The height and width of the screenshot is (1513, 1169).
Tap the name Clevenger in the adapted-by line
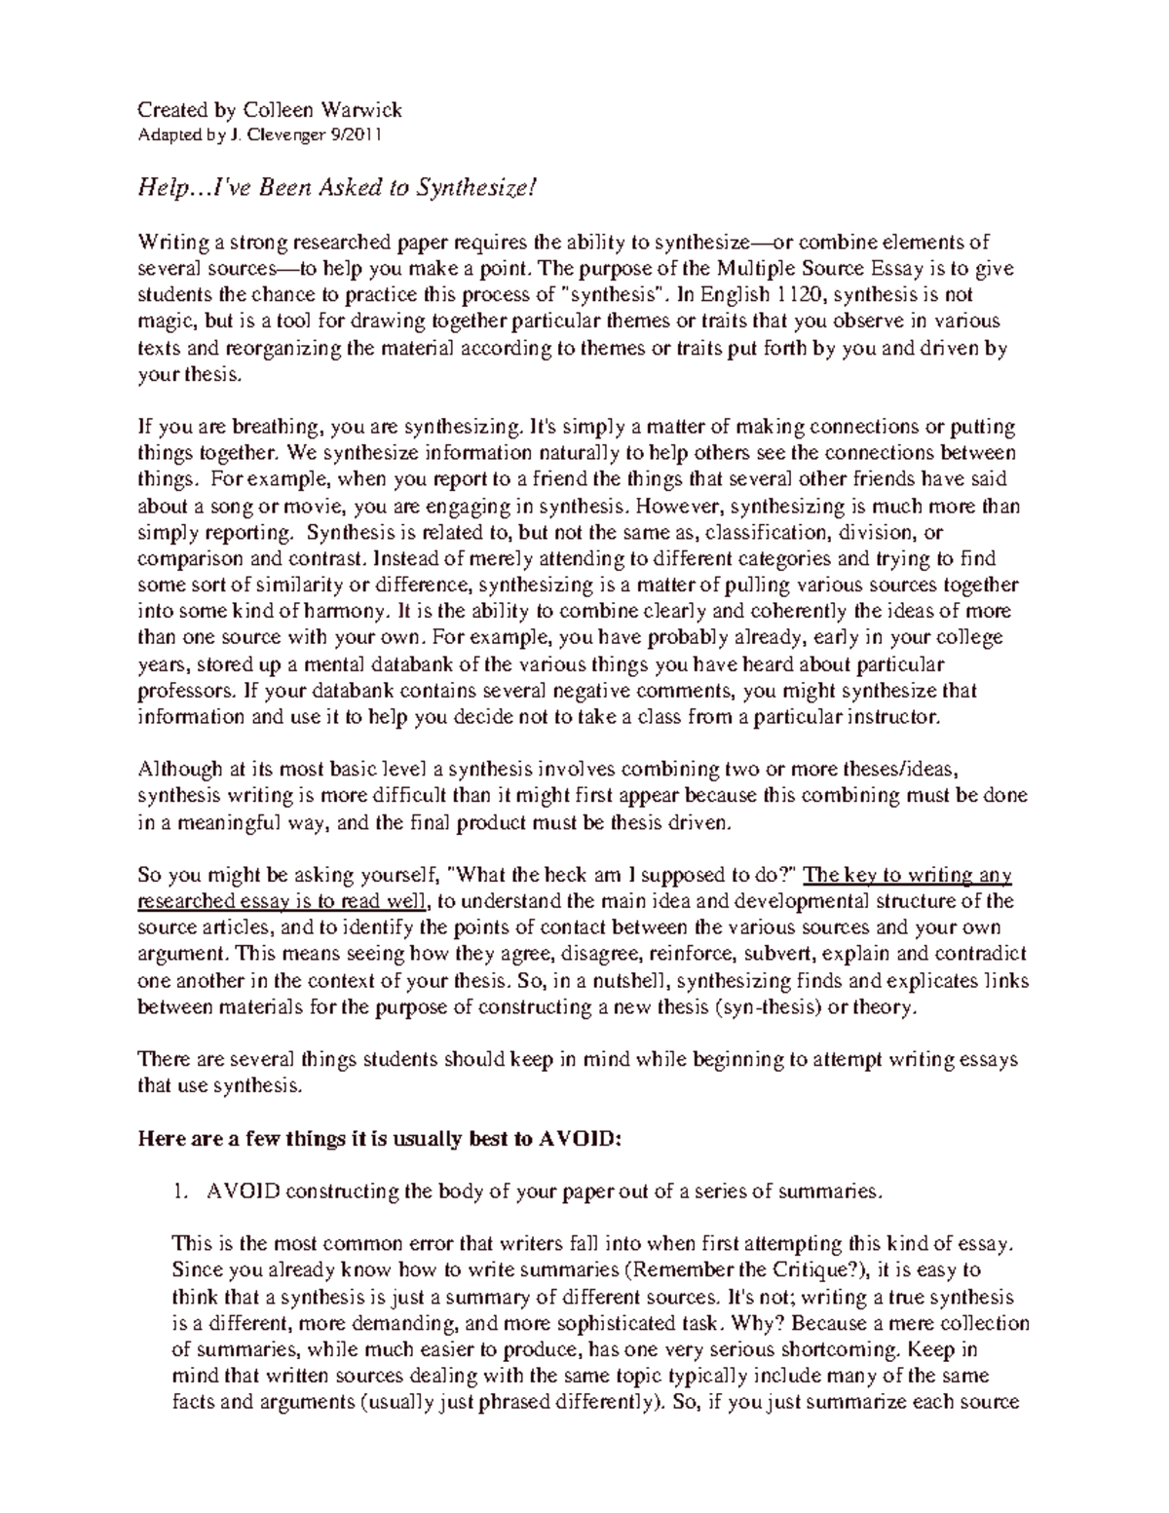(286, 135)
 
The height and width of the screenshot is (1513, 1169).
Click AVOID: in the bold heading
(579, 1139)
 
